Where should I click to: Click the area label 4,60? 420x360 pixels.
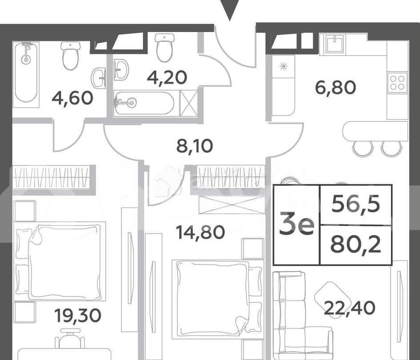(x=72, y=97)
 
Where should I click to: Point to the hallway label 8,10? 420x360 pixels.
(x=195, y=145)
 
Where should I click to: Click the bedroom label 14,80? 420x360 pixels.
(x=200, y=232)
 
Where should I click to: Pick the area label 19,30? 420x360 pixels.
(x=78, y=316)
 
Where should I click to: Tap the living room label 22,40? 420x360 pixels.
(x=349, y=307)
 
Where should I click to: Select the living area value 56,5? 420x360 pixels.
(x=356, y=204)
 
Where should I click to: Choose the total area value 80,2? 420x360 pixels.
(x=356, y=245)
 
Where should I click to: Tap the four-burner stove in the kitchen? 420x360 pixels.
(x=397, y=83)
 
